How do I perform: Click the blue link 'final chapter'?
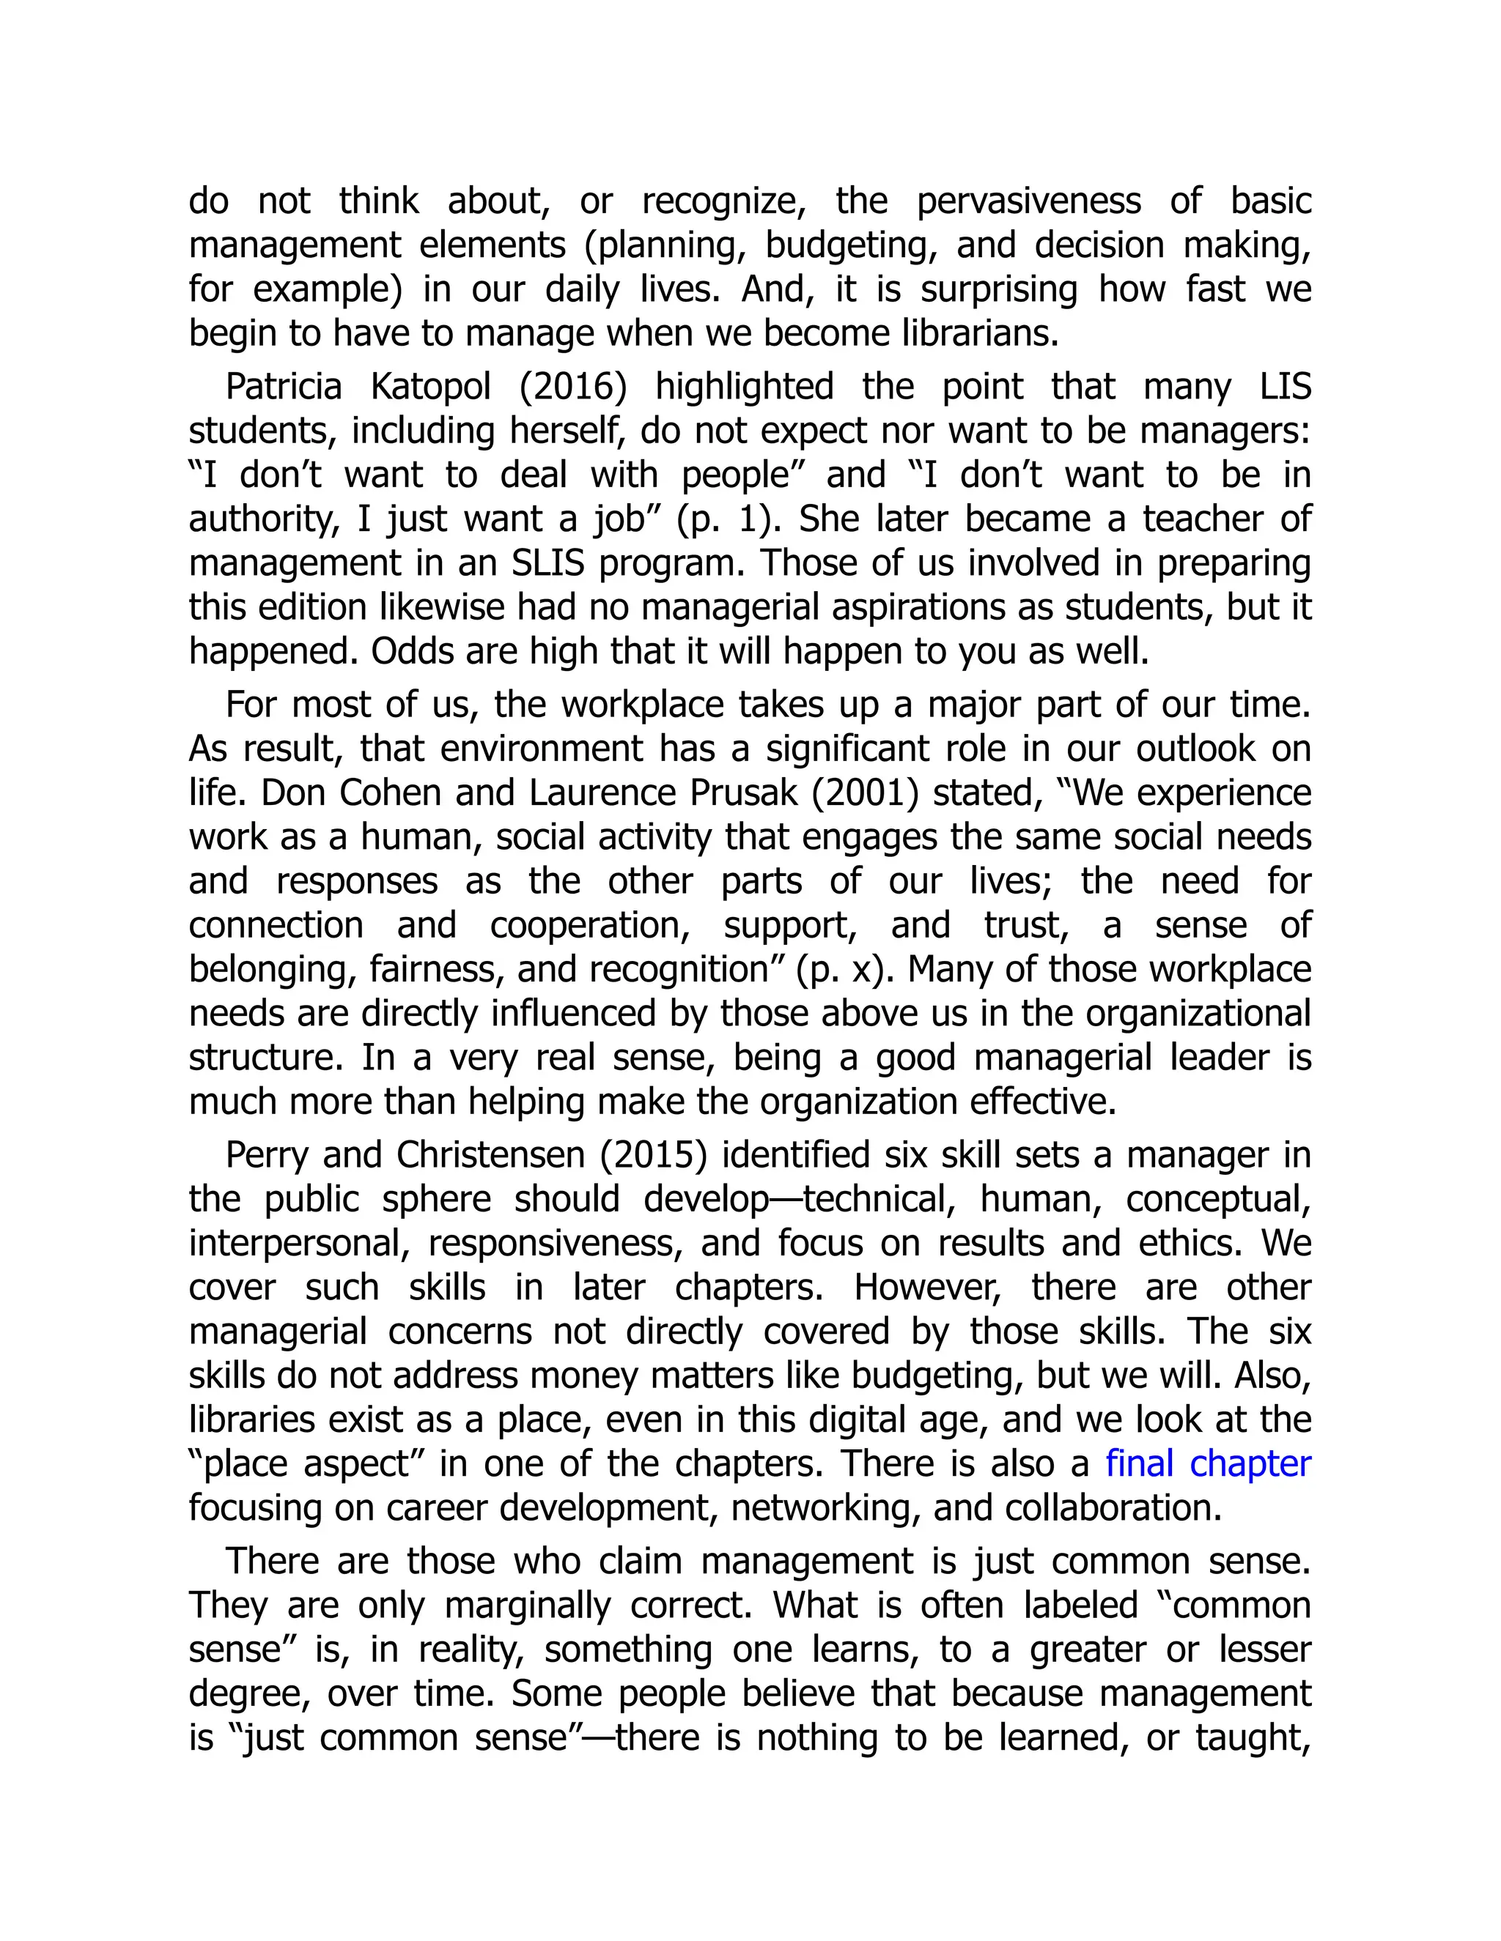[x=1208, y=1463]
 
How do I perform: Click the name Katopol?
[x=430, y=387]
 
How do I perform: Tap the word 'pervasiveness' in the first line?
[x=1029, y=201]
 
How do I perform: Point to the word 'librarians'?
[x=980, y=333]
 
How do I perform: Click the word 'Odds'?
[x=401, y=651]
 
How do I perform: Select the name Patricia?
[x=283, y=387]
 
